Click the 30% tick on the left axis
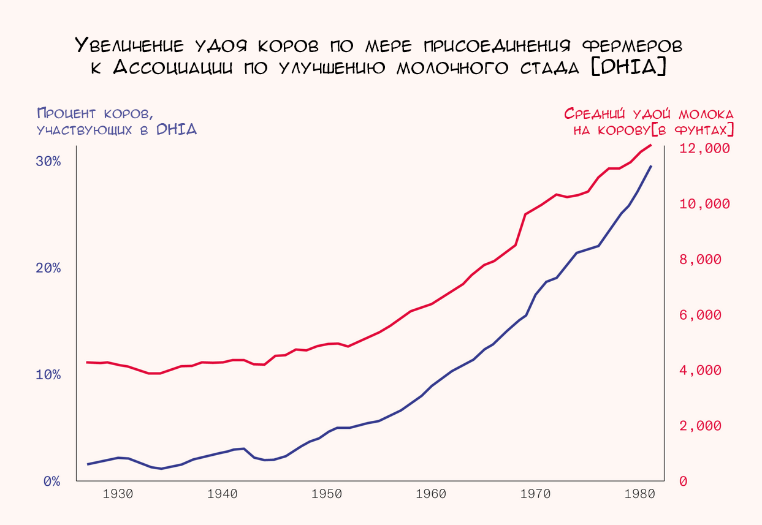tap(48, 162)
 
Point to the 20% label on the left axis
tap(48, 268)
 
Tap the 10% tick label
tap(48, 375)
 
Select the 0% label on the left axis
tap(52, 482)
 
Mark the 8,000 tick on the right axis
tap(701, 260)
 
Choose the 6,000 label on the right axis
tap(701, 315)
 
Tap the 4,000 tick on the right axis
tap(701, 371)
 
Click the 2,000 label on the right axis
tap(701, 426)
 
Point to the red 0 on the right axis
tap(684, 482)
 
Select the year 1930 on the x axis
tap(118, 494)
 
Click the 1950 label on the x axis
tap(326, 494)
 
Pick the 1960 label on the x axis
tap(430, 494)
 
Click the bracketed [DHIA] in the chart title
tap(628, 66)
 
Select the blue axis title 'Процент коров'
tap(95, 113)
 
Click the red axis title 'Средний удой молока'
tap(648, 114)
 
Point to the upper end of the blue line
tap(651, 166)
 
